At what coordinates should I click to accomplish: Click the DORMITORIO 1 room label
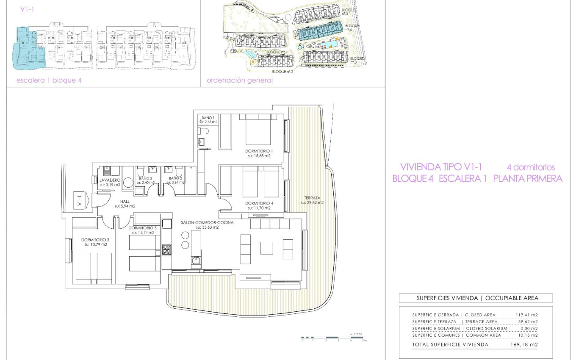259,151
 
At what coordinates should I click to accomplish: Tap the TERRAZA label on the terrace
312,197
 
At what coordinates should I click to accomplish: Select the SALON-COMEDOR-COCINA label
207,222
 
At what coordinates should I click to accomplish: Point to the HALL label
125,201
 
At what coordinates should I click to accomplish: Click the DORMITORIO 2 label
94,240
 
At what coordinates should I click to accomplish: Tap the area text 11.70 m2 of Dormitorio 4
259,208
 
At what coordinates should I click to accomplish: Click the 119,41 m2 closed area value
526,315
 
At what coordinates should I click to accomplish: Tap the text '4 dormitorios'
531,167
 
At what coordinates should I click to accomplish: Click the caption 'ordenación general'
240,80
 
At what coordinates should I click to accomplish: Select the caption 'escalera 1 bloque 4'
49,80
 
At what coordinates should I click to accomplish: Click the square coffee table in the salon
266,247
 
